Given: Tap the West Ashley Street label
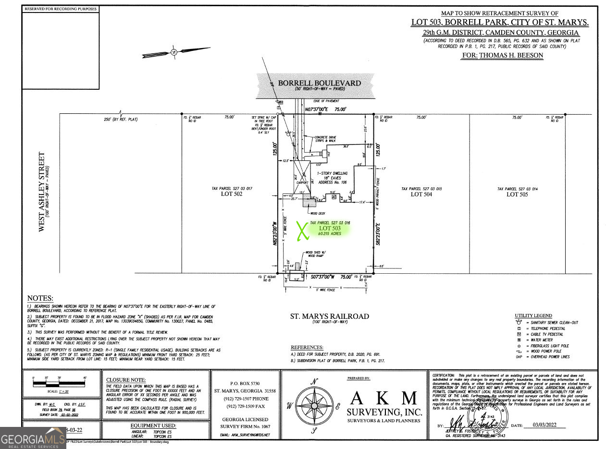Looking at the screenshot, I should coord(42,192).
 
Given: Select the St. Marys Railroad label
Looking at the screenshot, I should coord(330,316).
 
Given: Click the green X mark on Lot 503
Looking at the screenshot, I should coord(302,231).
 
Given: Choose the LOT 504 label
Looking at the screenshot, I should coord(421,194).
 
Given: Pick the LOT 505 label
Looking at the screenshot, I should coord(517,194).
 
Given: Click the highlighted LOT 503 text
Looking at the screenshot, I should coord(330,228).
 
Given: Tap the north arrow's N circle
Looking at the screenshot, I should coord(174,52).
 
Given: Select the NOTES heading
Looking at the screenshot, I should coord(40,298).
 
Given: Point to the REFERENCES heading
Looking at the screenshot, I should coord(307,347).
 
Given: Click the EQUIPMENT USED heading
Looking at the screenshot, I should coord(153,425).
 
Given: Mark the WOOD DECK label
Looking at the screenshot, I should coord(318,213).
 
